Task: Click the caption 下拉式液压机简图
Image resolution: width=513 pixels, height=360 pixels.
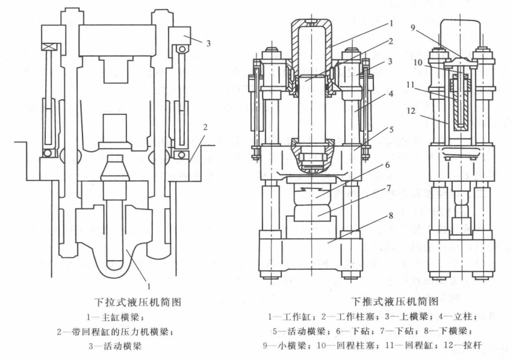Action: click(138, 302)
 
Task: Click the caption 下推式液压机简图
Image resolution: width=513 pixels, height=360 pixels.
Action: click(394, 301)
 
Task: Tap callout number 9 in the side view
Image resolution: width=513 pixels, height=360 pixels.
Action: click(412, 28)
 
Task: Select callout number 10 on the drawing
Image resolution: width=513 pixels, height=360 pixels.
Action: click(418, 62)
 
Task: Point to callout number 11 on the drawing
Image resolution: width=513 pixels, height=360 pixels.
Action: click(411, 85)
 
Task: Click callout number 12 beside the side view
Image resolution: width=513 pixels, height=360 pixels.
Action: click(411, 111)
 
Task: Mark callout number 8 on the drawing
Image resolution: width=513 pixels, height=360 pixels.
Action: click(391, 216)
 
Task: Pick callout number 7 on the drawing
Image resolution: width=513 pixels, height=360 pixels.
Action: click(389, 188)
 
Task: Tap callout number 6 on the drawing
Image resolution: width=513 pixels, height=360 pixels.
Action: click(388, 165)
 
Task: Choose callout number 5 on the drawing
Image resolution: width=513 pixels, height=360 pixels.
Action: click(391, 130)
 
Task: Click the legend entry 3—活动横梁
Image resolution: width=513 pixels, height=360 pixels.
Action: click(115, 346)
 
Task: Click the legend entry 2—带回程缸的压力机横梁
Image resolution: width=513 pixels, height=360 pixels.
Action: click(115, 332)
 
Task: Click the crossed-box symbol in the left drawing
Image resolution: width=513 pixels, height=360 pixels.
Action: click(51, 47)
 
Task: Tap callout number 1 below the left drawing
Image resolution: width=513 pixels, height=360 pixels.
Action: click(149, 287)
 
